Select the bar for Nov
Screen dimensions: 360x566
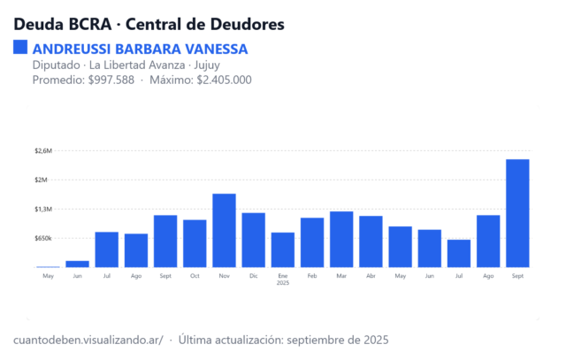[x=224, y=230]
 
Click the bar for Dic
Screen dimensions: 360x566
[x=253, y=240]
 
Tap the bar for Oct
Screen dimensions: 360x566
[x=195, y=243]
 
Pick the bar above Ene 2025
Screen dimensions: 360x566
[x=282, y=249]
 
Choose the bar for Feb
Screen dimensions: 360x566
[x=311, y=242]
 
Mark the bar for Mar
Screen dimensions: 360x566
[x=341, y=239]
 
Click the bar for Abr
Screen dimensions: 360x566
[x=371, y=241]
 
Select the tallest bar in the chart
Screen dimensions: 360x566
[x=517, y=213]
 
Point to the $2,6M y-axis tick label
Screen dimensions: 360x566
[x=43, y=151]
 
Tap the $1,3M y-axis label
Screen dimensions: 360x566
[x=43, y=210]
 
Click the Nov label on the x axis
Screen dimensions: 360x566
[x=224, y=276]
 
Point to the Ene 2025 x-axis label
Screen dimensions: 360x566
[x=282, y=280]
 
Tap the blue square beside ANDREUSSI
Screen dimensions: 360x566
[x=20, y=48]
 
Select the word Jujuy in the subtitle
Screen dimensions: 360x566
[x=205, y=65]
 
